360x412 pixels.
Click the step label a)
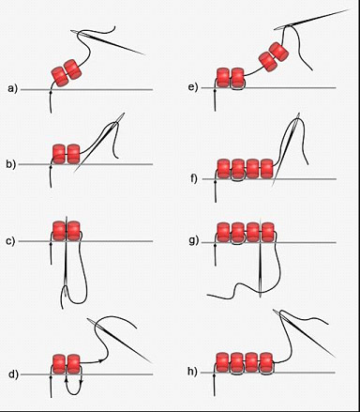point(12,89)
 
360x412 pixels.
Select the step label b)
point(10,164)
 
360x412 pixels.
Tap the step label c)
point(10,241)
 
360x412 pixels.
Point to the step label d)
point(13,374)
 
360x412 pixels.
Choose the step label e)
point(193,87)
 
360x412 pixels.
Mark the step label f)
point(194,179)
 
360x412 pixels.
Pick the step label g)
point(194,241)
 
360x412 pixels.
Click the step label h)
point(192,372)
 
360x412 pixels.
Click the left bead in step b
point(59,154)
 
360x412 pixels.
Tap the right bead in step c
point(74,231)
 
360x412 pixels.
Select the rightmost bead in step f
point(267,169)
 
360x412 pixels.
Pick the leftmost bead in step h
point(222,362)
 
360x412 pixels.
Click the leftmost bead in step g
point(223,232)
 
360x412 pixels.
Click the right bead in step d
point(74,364)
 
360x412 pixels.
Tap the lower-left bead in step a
point(60,77)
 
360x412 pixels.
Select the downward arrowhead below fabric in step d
point(82,381)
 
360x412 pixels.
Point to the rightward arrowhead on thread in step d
point(100,360)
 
